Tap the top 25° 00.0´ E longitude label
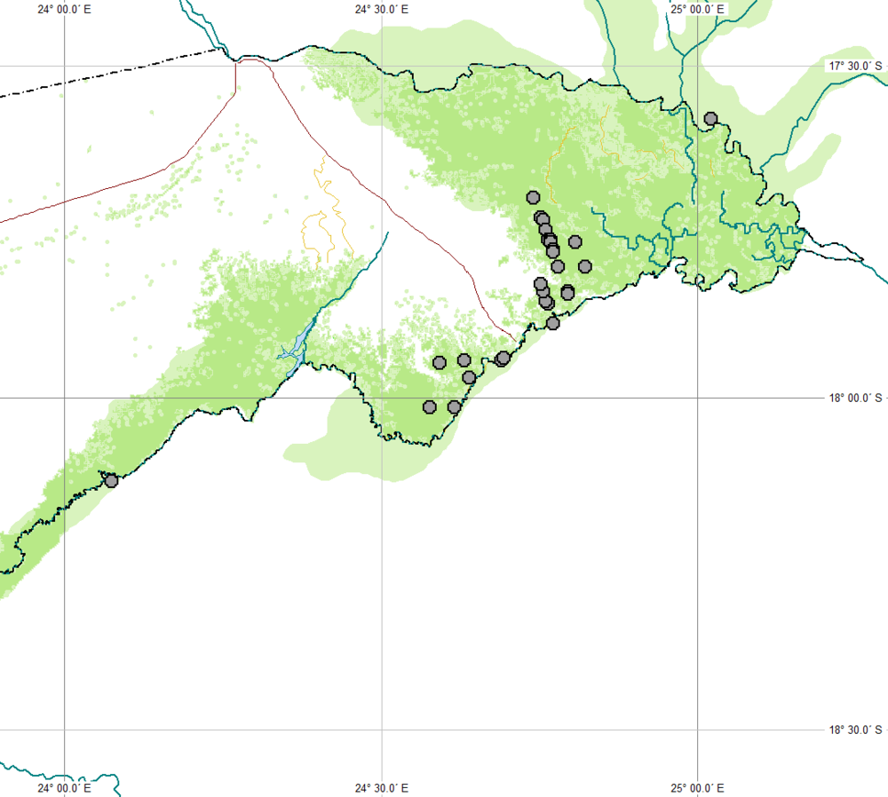pos(698,10)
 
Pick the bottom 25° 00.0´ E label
pos(698,787)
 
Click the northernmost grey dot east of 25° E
pos(710,118)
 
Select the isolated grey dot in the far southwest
pos(111,480)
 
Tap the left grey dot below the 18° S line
pos(430,406)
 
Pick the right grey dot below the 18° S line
pos(455,406)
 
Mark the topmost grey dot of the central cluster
pos(533,197)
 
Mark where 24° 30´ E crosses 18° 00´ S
pos(382,398)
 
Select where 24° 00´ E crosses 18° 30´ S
pos(65,730)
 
